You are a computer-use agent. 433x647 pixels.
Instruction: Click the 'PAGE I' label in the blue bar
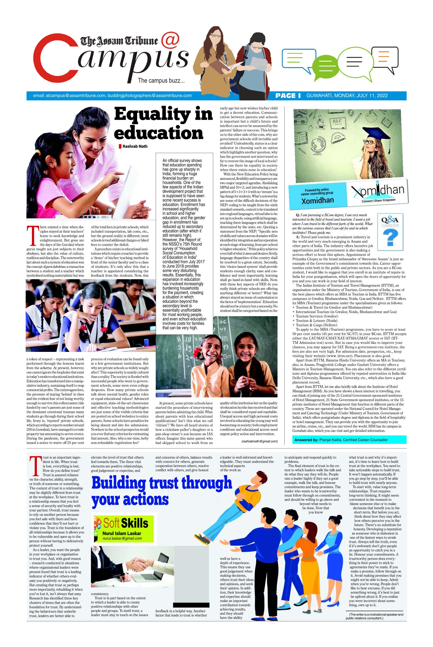click(x=288, y=96)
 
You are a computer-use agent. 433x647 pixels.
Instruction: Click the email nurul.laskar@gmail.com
click(x=122, y=538)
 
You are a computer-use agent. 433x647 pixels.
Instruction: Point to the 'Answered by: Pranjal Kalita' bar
click(x=349, y=440)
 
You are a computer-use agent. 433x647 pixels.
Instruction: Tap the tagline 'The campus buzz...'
click(x=161, y=81)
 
